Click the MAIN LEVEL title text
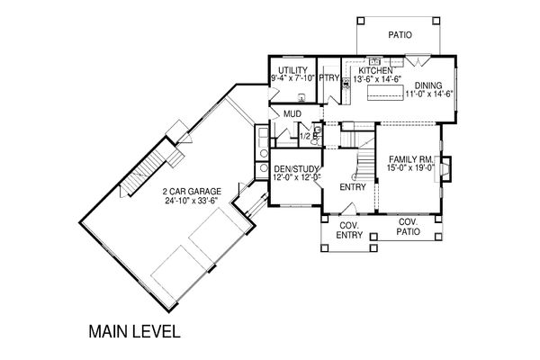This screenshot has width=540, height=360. [x=135, y=331]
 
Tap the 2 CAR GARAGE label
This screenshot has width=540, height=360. [x=192, y=191]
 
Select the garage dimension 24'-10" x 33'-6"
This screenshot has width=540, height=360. [x=192, y=201]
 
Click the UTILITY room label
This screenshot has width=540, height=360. [x=292, y=70]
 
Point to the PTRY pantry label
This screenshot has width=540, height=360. [x=328, y=78]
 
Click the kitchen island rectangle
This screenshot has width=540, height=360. [x=385, y=93]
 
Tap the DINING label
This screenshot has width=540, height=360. [x=428, y=85]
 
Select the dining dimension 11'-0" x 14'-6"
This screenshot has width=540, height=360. [x=428, y=94]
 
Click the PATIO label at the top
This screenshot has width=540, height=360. [x=400, y=35]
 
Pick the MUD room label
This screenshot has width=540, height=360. [x=292, y=113]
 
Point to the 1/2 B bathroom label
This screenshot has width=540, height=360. [x=308, y=136]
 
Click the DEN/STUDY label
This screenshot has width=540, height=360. [x=295, y=169]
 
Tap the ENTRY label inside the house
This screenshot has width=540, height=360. [x=352, y=187]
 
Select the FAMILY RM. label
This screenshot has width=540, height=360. [x=410, y=159]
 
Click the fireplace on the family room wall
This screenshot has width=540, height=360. [x=443, y=169]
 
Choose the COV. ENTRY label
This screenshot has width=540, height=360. [x=349, y=230]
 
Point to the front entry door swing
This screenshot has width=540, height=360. [x=348, y=209]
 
